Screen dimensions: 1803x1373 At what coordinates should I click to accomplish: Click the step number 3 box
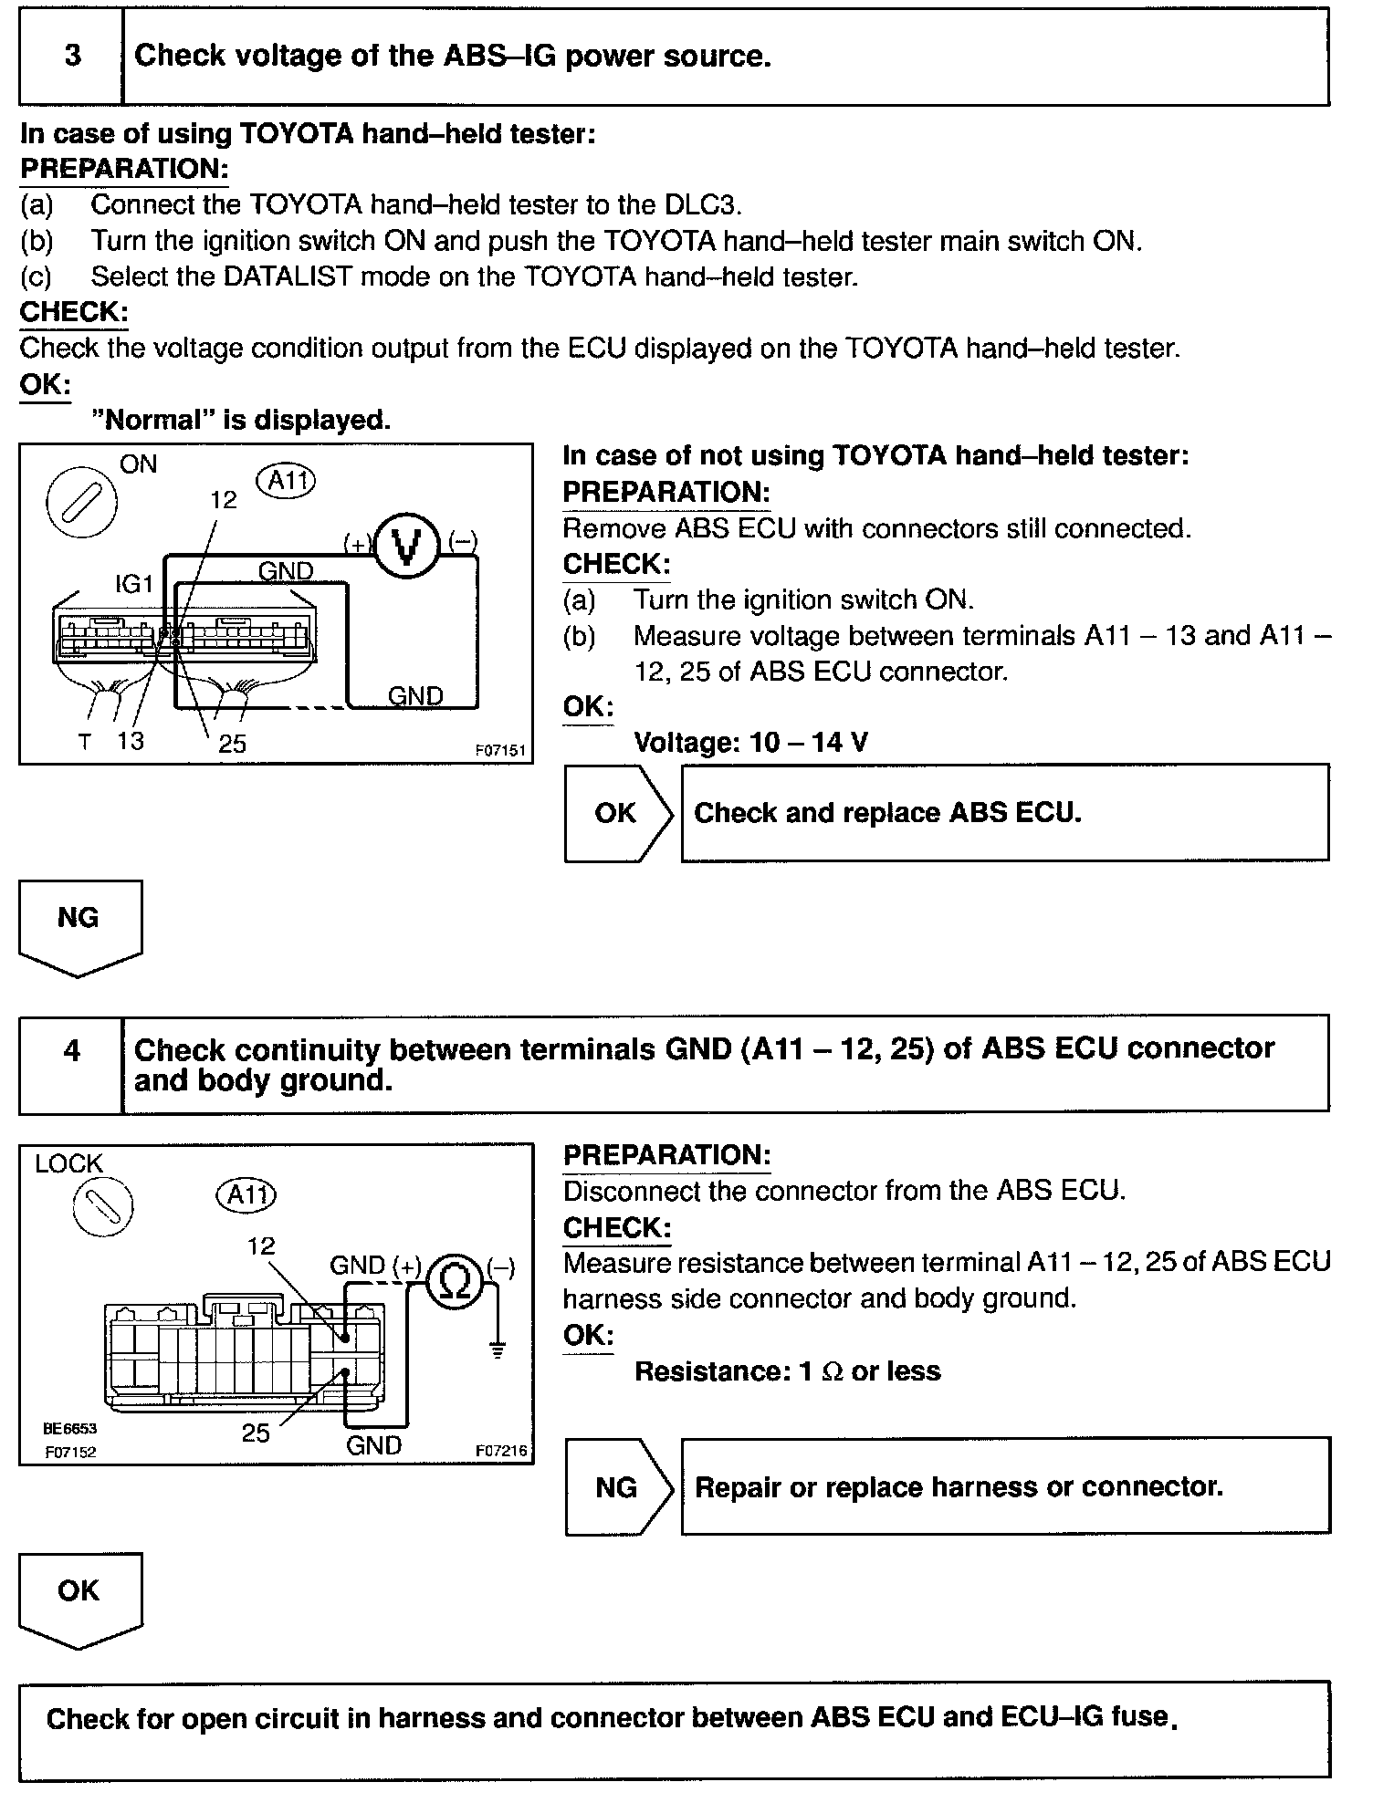click(x=71, y=57)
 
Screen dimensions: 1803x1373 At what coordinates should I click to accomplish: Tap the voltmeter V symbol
click(x=408, y=547)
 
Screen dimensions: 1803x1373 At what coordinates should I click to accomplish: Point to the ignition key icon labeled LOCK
click(x=101, y=1206)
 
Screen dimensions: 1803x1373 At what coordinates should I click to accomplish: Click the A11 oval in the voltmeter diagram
click(x=286, y=480)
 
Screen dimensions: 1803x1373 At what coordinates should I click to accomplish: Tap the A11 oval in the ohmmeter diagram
click(x=246, y=1194)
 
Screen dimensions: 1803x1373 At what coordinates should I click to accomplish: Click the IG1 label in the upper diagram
click(x=133, y=584)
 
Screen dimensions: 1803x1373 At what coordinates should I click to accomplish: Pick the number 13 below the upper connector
click(x=131, y=741)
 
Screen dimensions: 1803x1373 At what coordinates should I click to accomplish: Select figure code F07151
click(x=500, y=750)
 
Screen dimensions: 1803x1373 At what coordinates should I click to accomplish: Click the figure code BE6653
click(x=69, y=1429)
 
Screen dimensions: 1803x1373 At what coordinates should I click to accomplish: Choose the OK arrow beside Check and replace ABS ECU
click(x=618, y=813)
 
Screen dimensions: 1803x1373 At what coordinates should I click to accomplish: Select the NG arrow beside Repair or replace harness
click(x=618, y=1488)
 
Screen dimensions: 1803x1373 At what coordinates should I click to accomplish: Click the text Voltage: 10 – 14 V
click(x=750, y=742)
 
